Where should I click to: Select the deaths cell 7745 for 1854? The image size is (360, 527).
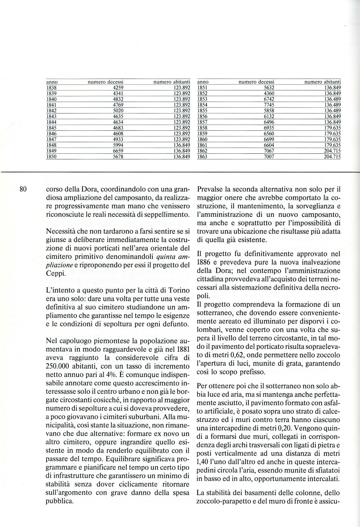[269, 105]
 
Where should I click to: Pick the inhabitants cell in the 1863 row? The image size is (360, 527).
[332, 157]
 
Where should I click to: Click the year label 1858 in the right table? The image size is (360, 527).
[203, 128]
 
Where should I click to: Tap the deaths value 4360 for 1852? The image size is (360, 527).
[269, 93]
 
